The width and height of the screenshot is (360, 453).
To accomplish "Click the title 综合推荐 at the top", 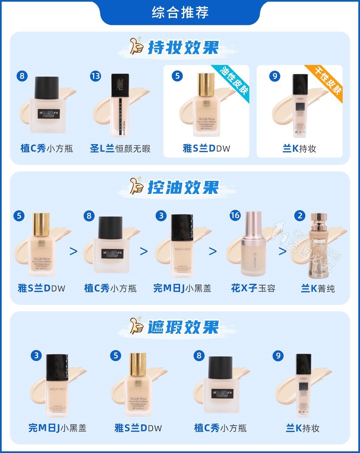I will [180, 12].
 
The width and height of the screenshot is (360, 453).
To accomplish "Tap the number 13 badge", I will [95, 76].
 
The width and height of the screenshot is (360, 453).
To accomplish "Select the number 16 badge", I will [235, 216].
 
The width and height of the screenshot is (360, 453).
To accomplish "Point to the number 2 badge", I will [300, 216].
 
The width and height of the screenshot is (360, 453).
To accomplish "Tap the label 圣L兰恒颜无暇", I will [120, 149].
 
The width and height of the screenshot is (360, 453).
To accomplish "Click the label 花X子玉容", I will [253, 288].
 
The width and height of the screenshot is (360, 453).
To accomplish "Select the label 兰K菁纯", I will [318, 288].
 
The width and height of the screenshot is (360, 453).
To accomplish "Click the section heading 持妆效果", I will [183, 48].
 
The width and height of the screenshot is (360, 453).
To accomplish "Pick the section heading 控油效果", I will [183, 188].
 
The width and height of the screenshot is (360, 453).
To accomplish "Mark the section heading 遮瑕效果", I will [183, 327].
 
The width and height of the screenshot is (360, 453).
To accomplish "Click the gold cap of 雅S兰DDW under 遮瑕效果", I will [138, 364].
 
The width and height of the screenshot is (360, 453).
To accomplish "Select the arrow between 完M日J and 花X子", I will [213, 251].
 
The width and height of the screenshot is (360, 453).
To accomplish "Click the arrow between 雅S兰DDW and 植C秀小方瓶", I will [73, 251].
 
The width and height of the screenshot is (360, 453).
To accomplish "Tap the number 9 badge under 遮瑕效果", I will [278, 355].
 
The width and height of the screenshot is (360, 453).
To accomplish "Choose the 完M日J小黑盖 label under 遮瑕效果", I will [57, 428].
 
